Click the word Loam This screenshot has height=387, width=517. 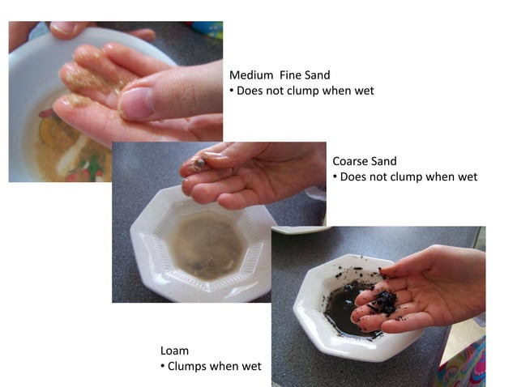(174, 351)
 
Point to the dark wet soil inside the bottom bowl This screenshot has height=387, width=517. (344, 308)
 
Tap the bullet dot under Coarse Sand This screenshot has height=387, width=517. (335, 176)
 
